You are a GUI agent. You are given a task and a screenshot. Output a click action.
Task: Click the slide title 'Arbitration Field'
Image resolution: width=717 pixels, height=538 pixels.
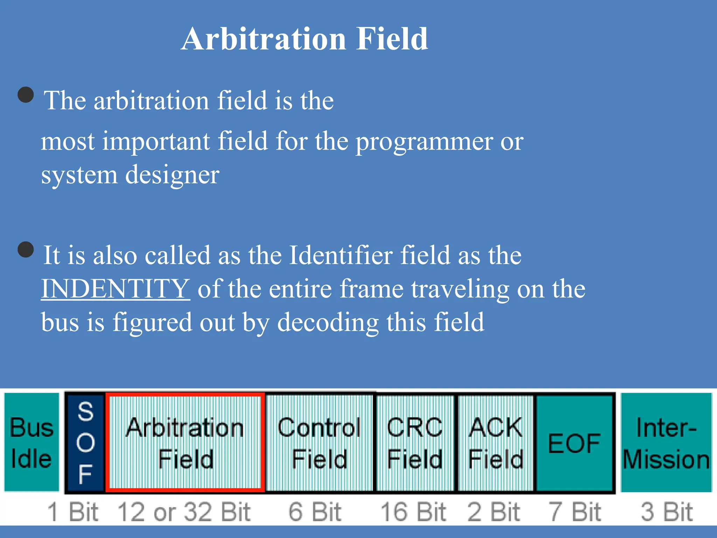304,39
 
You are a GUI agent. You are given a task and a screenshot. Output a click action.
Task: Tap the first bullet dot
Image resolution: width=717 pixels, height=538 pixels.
26,95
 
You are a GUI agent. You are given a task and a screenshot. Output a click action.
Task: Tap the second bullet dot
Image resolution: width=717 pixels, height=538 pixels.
26,249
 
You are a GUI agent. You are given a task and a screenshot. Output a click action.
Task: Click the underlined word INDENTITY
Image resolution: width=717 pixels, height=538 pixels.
116,289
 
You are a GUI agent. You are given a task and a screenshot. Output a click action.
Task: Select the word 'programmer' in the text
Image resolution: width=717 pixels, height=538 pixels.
424,142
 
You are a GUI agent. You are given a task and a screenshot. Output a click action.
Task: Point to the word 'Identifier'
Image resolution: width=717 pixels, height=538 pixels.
340,255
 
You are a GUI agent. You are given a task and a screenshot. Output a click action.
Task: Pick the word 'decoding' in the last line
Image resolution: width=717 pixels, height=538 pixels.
328,322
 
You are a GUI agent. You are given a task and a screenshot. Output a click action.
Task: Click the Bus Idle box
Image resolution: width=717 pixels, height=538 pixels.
32,442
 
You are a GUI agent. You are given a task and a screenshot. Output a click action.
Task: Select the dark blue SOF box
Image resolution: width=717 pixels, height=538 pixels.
85,442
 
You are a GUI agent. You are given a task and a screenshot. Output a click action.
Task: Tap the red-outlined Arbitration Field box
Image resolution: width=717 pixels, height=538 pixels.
185,442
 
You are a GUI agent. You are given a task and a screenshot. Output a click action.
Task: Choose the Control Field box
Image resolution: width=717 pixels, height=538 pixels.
319,442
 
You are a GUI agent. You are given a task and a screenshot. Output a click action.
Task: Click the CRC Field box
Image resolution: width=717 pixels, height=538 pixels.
415,442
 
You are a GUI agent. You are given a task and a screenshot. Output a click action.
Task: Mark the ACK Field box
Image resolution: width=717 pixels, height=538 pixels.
495,442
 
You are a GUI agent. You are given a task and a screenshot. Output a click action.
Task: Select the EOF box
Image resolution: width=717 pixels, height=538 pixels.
574,443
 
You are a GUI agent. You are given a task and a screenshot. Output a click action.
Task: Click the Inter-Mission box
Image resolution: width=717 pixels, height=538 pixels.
666,442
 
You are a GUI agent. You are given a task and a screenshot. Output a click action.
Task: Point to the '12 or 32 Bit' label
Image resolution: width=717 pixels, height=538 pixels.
184,512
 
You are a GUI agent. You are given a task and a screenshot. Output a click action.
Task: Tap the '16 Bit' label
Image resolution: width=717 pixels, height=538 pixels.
413,512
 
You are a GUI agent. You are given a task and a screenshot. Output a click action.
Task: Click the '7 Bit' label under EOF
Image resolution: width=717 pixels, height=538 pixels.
574,512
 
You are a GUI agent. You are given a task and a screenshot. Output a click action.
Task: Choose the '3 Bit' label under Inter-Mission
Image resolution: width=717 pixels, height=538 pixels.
666,512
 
